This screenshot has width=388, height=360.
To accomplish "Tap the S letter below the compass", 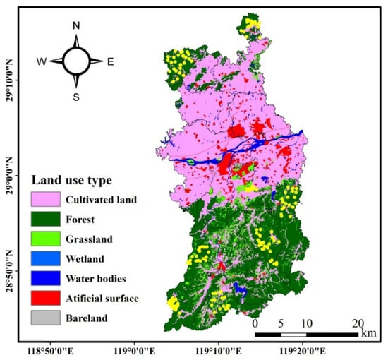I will pyautogui.click(x=76, y=97).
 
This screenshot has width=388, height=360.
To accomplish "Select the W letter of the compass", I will pyautogui.click(x=42, y=61).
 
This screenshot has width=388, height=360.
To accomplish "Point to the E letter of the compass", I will pyautogui.click(x=110, y=61).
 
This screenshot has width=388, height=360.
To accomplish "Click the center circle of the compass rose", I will pyautogui.click(x=76, y=61).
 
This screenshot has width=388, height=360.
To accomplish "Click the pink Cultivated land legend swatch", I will pyautogui.click(x=47, y=200).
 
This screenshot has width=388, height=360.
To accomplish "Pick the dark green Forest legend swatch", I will pyautogui.click(x=47, y=220).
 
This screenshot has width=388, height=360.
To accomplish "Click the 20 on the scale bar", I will pyautogui.click(x=356, y=323).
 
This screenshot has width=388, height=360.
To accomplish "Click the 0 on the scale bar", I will pyautogui.click(x=255, y=323).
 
